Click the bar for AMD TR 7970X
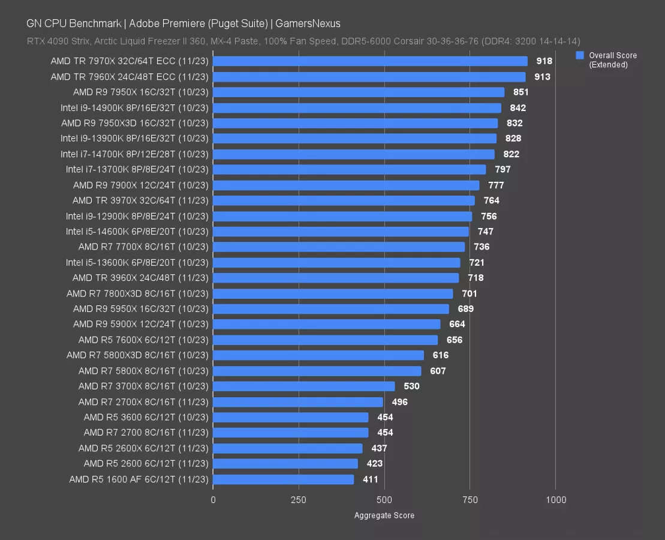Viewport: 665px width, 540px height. point(370,61)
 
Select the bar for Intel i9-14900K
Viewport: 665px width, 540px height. point(357,108)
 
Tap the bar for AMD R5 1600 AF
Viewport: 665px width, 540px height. point(283,479)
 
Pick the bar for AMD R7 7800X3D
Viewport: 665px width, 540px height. point(333,293)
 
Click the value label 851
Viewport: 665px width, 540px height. point(520,92)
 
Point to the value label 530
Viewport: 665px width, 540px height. point(411,386)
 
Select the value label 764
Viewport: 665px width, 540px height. point(491,200)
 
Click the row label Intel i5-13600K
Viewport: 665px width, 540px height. point(137,262)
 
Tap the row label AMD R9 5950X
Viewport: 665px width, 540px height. point(141,309)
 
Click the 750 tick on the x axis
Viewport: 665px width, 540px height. point(470,500)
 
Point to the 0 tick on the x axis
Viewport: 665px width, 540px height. point(213,500)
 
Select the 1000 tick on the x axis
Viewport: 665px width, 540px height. point(555,500)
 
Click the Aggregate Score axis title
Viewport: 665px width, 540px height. point(384,515)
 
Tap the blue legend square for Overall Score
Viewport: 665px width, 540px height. point(580,55)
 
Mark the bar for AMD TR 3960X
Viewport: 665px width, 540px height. point(336,278)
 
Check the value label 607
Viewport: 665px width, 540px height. point(438,371)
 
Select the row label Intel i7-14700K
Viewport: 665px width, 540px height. point(134,154)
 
